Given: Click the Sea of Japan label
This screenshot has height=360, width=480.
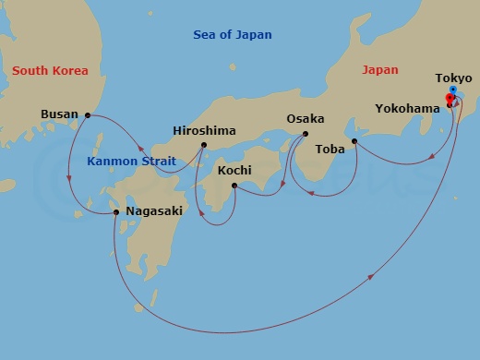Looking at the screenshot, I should pyautogui.click(x=233, y=35).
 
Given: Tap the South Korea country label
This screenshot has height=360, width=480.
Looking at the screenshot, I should pyautogui.click(x=49, y=70).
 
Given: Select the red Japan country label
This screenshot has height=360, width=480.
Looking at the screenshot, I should pyautogui.click(x=379, y=70).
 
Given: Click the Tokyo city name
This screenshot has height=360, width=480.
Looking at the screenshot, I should pyautogui.click(x=452, y=78).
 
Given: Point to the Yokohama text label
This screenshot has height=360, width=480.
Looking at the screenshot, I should pyautogui.click(x=407, y=107).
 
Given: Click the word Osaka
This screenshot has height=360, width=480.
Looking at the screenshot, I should pyautogui.click(x=305, y=119).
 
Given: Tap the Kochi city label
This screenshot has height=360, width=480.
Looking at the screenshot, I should pyautogui.click(x=235, y=171).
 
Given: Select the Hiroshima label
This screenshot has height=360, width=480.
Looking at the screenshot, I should pyautogui.click(x=204, y=130).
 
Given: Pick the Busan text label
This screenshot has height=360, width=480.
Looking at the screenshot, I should pyautogui.click(x=60, y=115).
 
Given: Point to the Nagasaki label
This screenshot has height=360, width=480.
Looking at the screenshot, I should pyautogui.click(x=152, y=211).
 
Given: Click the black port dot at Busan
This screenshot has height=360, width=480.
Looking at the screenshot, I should pyautogui.click(x=88, y=115).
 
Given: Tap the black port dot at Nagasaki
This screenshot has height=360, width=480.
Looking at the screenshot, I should pyautogui.click(x=115, y=212).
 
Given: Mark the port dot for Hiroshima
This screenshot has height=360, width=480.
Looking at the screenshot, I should pyautogui.click(x=203, y=145).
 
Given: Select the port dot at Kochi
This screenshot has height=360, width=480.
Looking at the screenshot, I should pyautogui.click(x=234, y=186).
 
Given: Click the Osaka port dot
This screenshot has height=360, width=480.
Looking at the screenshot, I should pyautogui.click(x=305, y=135).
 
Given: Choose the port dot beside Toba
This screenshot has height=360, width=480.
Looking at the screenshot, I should pyautogui.click(x=355, y=141).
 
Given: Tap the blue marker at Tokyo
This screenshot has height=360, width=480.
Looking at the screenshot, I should pyautogui.click(x=452, y=90).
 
